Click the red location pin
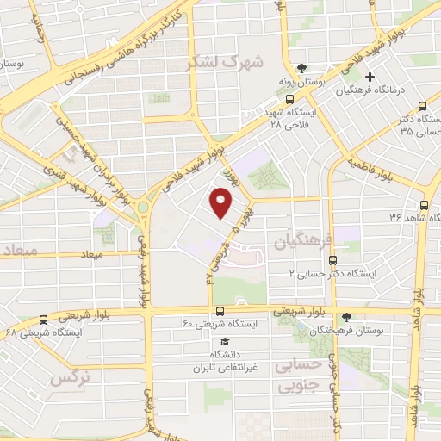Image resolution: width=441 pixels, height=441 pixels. pyautogui.click(x=221, y=203)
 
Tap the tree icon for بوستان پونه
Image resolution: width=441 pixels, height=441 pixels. pyautogui.click(x=300, y=67)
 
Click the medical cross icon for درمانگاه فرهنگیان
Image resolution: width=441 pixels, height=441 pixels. pyautogui.click(x=368, y=77)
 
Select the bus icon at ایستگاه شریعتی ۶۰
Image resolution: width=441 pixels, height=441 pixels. pyautogui.click(x=220, y=311)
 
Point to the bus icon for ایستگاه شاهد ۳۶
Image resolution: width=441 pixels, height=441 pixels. pyautogui.click(x=423, y=205)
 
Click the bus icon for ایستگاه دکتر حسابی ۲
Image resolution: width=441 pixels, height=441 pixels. pyautogui.click(x=333, y=259)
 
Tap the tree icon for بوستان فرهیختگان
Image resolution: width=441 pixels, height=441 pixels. pyautogui.click(x=346, y=318)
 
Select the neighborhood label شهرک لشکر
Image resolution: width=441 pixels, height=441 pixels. pyautogui.click(x=227, y=62)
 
